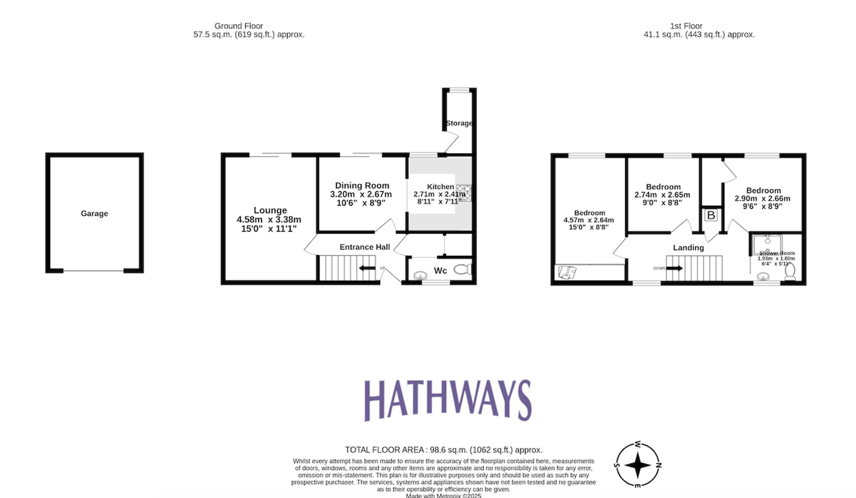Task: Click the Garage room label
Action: coord(94,213)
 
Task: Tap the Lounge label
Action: coord(270,210)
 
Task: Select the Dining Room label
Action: coord(362,186)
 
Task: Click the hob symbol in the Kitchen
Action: coord(464,192)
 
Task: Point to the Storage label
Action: coord(459,123)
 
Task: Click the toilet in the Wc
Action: coord(463,269)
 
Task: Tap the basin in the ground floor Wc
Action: coord(420,275)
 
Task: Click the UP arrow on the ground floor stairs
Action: coord(367,268)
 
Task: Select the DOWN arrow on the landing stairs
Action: coord(675,268)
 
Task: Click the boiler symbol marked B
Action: coord(711,215)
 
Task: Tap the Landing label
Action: coord(688,248)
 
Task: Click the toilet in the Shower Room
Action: coord(790,272)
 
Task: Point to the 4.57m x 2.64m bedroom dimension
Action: coord(588,220)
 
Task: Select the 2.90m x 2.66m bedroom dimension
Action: coord(762,198)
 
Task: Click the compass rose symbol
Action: coord(638,465)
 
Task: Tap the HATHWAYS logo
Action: coord(448,400)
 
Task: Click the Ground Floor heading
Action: coord(239,26)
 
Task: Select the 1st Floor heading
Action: coord(686,26)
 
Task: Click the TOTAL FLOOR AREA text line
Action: coord(443,450)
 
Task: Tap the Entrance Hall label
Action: coord(365,247)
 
